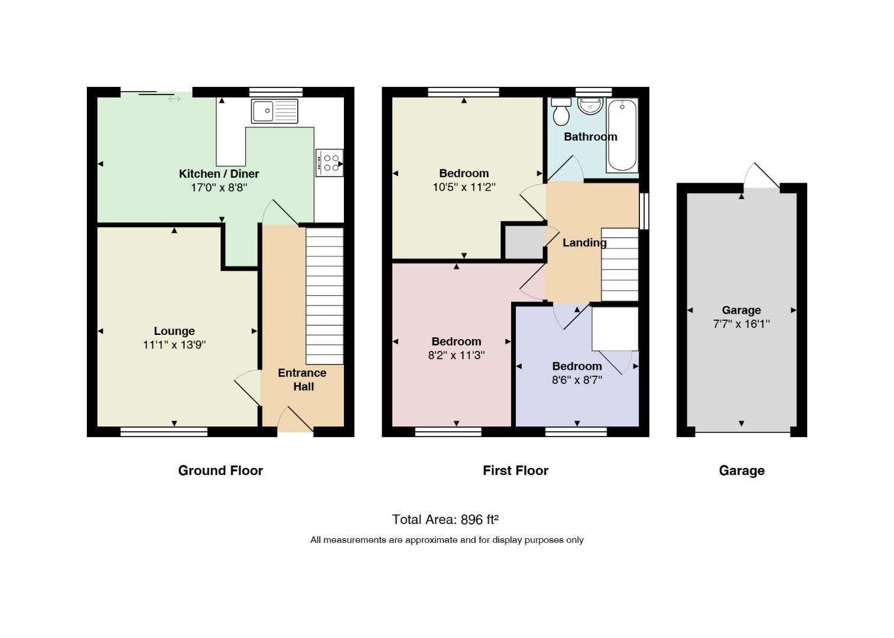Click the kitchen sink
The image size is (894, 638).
pos(275,111)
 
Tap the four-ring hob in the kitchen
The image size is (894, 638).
pos(329,163)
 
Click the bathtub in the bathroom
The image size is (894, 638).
pos(622,135)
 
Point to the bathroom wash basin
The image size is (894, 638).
pos(590,106)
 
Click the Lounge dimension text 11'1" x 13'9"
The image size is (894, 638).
pos(174,345)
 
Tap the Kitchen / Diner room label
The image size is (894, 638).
pos(219,174)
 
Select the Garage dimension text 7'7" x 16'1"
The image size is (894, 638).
pos(741,324)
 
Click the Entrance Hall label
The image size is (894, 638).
pos(302,379)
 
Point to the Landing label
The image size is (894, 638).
pos(584,243)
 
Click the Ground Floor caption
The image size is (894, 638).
pos(220,470)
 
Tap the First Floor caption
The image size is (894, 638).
pos(515,470)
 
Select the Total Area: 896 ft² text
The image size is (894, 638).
pos(445,519)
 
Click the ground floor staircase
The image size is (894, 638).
pos(324,295)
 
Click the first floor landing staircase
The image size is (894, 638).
pos(620,265)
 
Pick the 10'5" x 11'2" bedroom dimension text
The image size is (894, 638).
pos(464,187)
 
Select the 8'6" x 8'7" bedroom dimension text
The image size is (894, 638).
pos(577,380)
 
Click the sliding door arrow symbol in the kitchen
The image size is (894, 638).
pos(174,99)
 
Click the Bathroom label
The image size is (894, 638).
pos(590,137)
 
